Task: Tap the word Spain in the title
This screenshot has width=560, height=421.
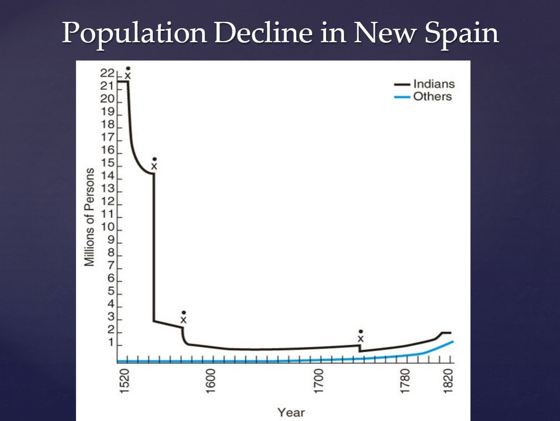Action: pos(464,34)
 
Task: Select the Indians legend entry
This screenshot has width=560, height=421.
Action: pos(433,84)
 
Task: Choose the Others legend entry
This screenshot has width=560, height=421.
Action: pos(432,97)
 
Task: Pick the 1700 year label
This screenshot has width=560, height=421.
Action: pos(319,380)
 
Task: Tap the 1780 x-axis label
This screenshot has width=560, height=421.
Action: pos(406,380)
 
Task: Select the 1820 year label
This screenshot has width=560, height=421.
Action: pos(450,380)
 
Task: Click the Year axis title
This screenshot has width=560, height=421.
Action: pos(291,412)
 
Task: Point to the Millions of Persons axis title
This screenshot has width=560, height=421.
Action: pos(89,217)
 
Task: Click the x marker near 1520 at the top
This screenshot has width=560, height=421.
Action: pos(128,75)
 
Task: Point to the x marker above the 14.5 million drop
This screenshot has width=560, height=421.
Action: pos(154,166)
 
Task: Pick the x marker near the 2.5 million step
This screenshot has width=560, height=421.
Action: pos(183,320)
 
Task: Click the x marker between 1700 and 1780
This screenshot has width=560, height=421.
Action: pos(361,339)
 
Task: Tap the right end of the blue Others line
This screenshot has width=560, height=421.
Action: pos(453,342)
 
